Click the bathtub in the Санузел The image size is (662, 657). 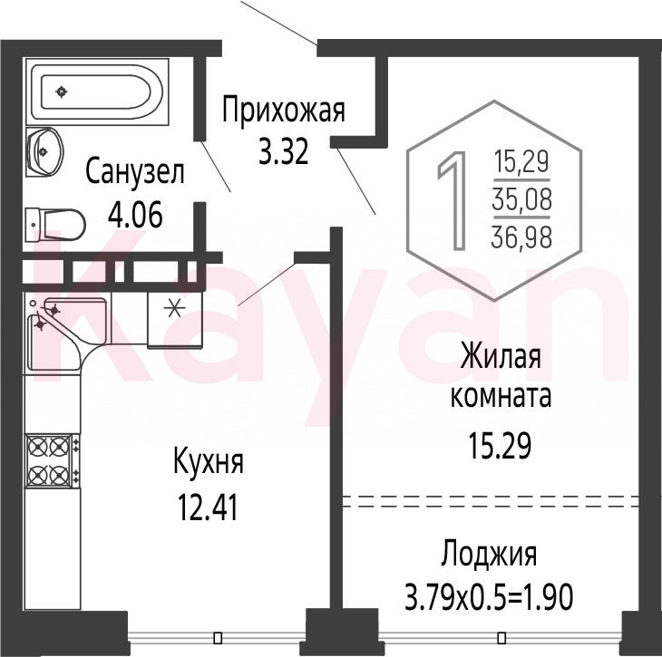pyautogui.click(x=97, y=92)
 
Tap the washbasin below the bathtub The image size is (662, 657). pyautogui.click(x=44, y=152)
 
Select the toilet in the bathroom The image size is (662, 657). pyautogui.click(x=55, y=225)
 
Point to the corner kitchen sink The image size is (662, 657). pyautogui.click(x=67, y=333)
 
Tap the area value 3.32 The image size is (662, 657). pyautogui.click(x=283, y=152)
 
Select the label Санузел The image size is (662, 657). pyautogui.click(x=135, y=172)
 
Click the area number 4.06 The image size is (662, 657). pyautogui.click(x=135, y=215)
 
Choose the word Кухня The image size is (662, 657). pyautogui.click(x=209, y=462)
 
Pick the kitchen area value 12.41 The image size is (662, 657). pyautogui.click(x=209, y=507)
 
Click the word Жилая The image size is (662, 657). pyautogui.click(x=501, y=356)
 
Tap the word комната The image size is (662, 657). pyautogui.click(x=501, y=396)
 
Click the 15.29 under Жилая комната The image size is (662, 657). pyautogui.click(x=500, y=447)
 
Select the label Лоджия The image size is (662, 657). pyautogui.click(x=490, y=554)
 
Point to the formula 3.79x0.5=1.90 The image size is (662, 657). pyautogui.click(x=489, y=597)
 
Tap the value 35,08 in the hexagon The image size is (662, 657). pyautogui.click(x=521, y=199)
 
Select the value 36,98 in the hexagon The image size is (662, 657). pyautogui.click(x=521, y=237)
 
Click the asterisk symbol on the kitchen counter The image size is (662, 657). pyautogui.click(x=174, y=308)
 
